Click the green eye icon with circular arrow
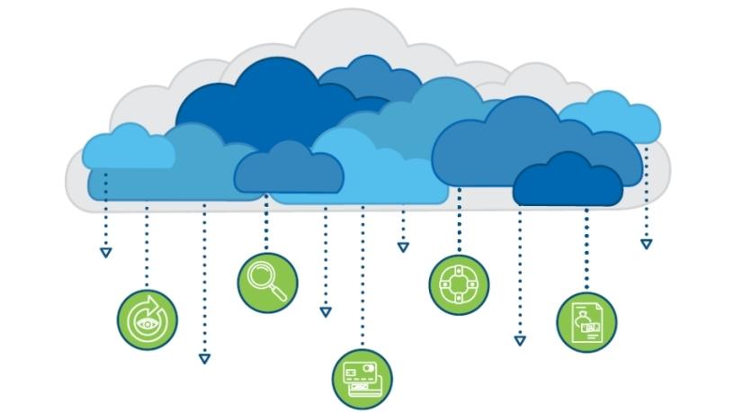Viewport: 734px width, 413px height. [x=147, y=319]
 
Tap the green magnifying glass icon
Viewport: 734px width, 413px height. [x=267, y=281]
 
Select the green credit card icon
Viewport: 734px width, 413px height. [x=363, y=379]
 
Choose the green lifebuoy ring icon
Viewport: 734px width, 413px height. [x=459, y=284]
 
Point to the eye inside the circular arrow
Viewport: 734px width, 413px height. [x=144, y=321]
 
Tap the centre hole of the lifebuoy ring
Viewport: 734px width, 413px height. [x=459, y=284]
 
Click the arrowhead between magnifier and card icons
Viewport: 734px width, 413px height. [x=326, y=312]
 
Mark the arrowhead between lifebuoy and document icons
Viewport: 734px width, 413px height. [x=520, y=340]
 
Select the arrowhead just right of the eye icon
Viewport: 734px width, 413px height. [x=204, y=358]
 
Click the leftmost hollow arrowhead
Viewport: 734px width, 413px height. [x=105, y=253]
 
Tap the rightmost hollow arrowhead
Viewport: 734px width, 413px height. [x=646, y=244]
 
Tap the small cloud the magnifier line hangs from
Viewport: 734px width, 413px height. [x=289, y=170]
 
